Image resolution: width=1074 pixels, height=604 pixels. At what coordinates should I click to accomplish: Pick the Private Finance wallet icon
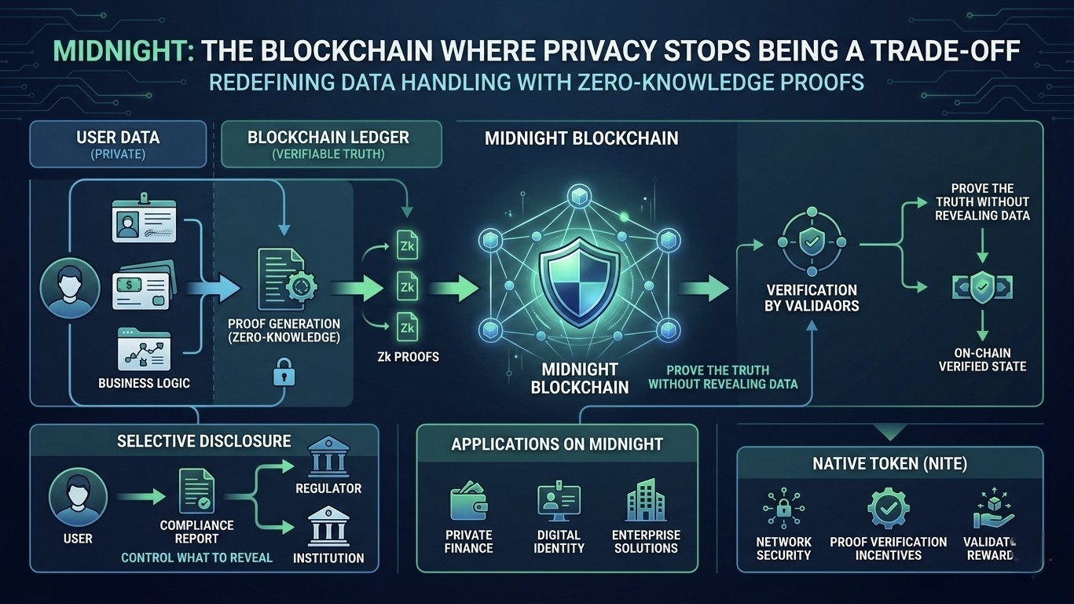click(468, 503)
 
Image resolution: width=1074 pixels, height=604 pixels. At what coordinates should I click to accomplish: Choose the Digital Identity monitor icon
click(558, 503)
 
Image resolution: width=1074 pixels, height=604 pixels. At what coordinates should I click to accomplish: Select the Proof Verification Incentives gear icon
click(888, 508)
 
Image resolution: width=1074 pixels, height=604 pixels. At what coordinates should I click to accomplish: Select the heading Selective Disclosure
click(203, 441)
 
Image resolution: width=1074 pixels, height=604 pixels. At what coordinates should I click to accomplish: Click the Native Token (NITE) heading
click(889, 464)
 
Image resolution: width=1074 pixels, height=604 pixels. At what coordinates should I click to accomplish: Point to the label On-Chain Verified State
click(982, 359)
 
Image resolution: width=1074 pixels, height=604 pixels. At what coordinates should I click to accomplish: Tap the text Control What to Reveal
click(196, 558)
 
